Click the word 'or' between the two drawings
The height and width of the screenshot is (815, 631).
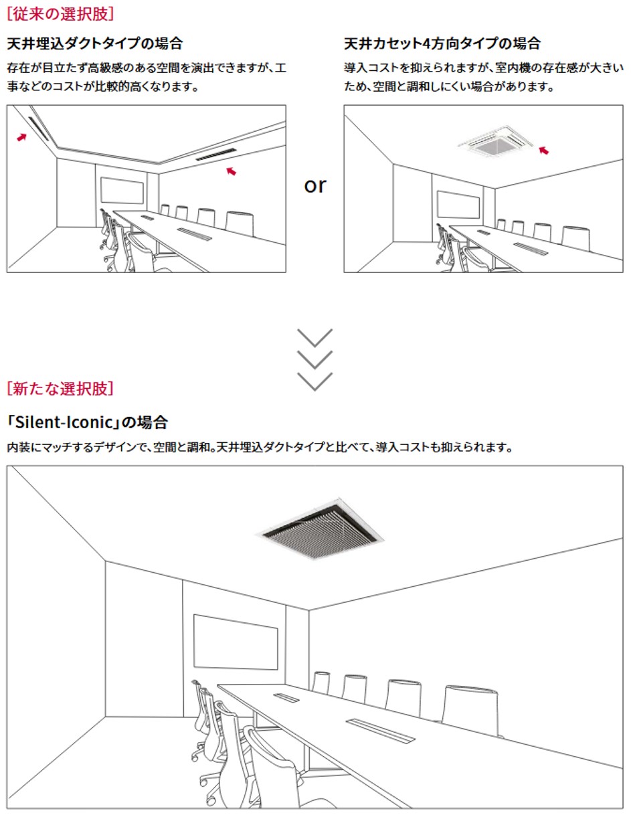pos(314,185)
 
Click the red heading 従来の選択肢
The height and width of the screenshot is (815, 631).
pos(60,13)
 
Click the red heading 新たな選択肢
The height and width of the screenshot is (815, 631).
pos(60,387)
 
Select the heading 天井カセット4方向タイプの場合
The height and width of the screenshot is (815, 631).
pos(442,44)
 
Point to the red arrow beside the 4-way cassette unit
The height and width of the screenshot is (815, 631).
pos(543,151)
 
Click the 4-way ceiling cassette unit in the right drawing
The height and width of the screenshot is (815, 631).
pos(496,141)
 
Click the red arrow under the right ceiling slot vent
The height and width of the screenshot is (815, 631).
pos(231,171)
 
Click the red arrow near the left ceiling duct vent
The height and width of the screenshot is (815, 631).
pos(22,137)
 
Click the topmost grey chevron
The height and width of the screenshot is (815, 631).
pos(314,337)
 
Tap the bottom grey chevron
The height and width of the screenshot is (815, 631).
pos(314,381)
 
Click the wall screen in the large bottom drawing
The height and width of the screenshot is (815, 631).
pos(236,642)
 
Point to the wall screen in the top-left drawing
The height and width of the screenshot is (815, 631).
pos(122,191)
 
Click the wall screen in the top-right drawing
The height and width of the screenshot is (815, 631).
pos(458,204)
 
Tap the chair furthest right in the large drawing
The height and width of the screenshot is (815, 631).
pos(473,709)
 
